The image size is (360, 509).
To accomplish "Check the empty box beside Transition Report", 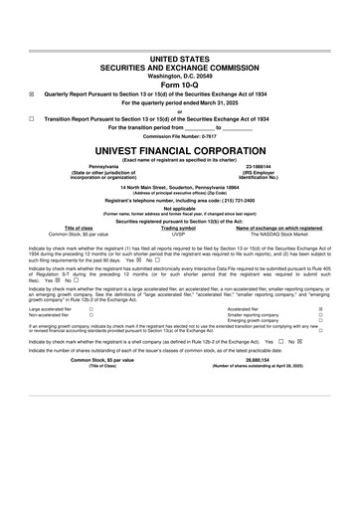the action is click(32, 117).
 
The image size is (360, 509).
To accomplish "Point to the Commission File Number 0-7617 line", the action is click(179, 135).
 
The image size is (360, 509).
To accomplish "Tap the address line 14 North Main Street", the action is click(179, 186).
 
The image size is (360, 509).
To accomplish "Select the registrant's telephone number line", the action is click(179, 201).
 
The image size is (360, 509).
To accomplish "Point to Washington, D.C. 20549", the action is click(179, 47).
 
